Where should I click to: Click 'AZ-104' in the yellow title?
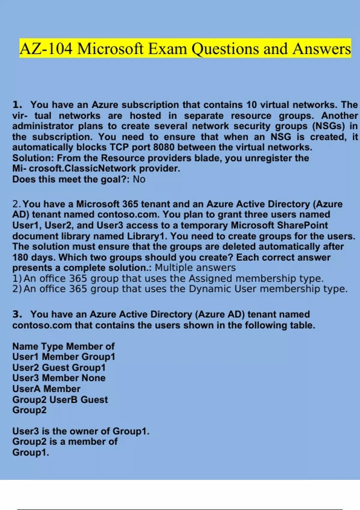(x=46, y=49)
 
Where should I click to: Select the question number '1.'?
(x=17, y=105)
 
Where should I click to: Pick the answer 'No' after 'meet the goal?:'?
(x=139, y=179)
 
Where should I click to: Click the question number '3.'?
(x=17, y=314)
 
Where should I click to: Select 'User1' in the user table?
(x=25, y=357)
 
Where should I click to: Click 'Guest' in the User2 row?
(x=55, y=367)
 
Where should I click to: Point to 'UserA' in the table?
(x=26, y=389)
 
